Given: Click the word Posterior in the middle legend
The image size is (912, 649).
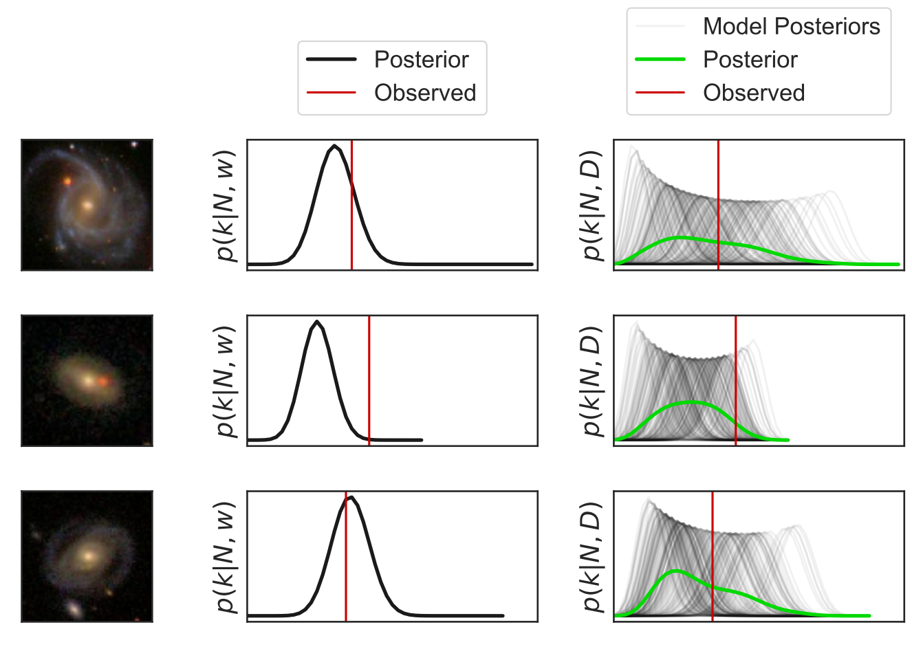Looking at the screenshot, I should pos(421,60).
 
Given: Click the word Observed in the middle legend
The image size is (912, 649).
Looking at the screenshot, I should pos(424,93).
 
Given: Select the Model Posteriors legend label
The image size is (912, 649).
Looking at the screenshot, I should pos(791,26).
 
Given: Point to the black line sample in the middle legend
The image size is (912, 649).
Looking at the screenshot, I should pos(331,60).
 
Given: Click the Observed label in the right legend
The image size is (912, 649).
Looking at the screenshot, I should pos(753,93).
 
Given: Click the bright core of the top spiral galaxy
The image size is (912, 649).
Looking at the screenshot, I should pos(87,204).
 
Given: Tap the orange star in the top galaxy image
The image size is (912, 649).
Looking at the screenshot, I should pos(67,181).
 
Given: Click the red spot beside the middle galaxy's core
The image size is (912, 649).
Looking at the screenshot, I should pos(104,381).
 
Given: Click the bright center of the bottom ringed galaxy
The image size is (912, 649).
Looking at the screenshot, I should pos(87,555).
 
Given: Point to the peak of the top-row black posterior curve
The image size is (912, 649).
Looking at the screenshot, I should pos(335,146).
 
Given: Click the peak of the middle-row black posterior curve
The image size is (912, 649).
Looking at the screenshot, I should pos(316,321).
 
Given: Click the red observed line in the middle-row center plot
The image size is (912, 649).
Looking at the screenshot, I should pos(369,385).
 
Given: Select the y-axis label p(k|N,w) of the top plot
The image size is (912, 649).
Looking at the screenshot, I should pos(226,205).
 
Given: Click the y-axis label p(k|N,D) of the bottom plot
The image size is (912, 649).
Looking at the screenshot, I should pos(591,557).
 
